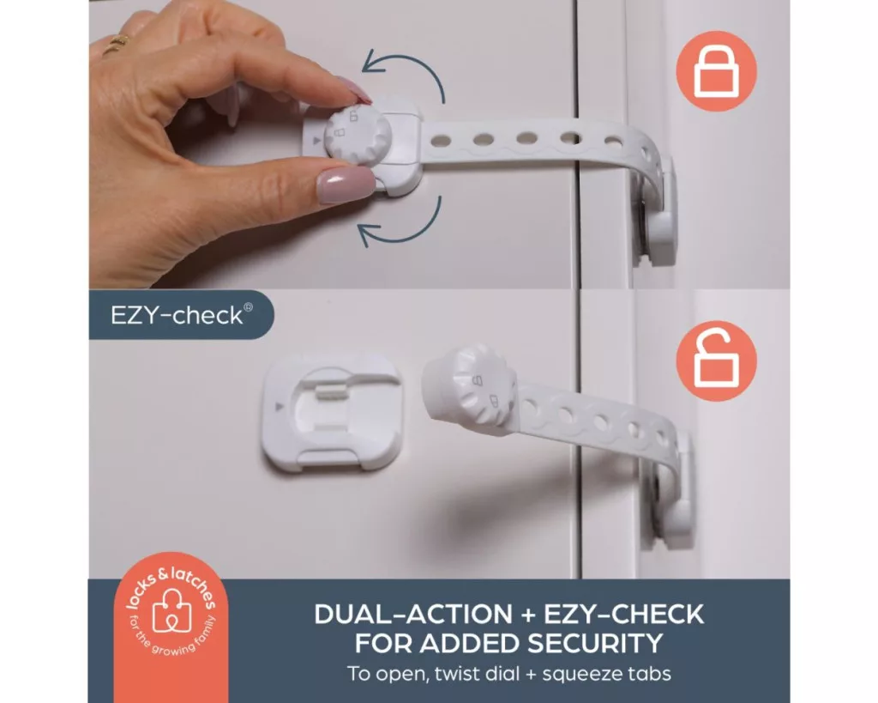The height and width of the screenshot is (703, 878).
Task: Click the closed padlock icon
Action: tap(716, 70)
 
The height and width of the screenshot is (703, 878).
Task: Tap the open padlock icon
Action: tap(716, 361)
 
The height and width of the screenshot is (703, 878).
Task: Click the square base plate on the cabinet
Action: tap(332, 415)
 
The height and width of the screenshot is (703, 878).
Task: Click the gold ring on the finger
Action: tap(116, 44)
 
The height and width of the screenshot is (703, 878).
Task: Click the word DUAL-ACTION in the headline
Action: tap(412, 614)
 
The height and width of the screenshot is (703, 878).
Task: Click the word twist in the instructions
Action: tap(451, 673)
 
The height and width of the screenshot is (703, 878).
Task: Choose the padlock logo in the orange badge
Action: tap(171, 614)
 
